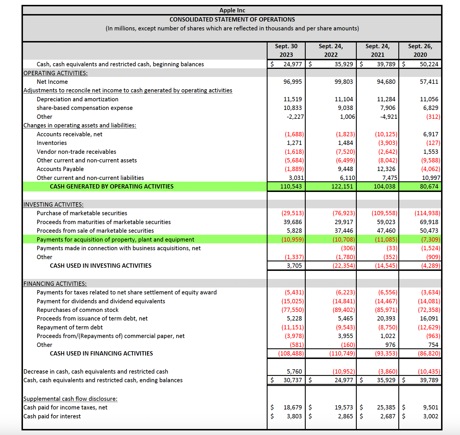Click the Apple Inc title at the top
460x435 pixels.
click(232, 10)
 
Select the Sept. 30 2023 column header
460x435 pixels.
click(286, 50)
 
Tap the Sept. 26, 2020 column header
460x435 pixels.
click(420, 50)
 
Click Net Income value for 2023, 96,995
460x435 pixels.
click(293, 82)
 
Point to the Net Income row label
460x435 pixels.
click(52, 82)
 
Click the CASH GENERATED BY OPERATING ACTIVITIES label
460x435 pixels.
click(112, 187)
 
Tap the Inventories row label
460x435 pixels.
click(52, 143)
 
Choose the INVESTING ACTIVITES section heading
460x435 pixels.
click(53, 205)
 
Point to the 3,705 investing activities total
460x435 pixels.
click(294, 266)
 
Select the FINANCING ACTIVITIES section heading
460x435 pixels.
click(55, 284)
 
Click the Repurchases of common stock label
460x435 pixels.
click(77, 310)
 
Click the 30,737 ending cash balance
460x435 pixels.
click(293, 380)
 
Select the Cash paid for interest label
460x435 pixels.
click(52, 416)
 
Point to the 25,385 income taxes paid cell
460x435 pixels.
click(386, 407)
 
